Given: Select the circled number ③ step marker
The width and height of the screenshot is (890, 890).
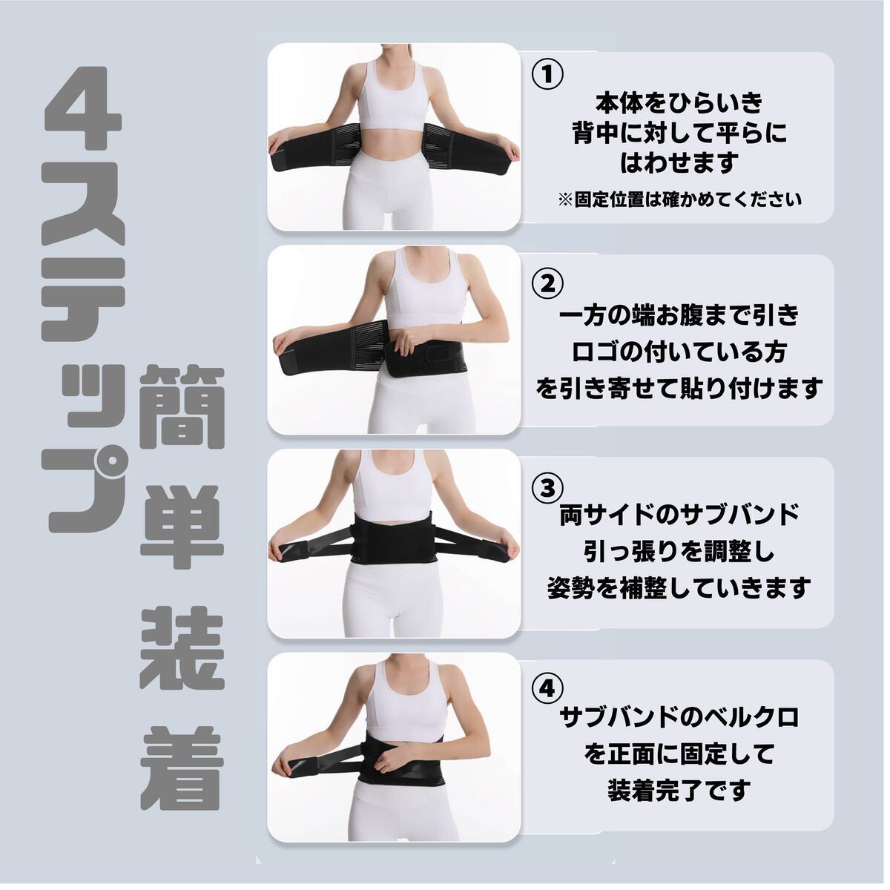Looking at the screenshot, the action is pyautogui.click(x=547, y=488).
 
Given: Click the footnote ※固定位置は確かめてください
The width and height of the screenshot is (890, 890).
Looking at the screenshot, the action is pyautogui.click(x=679, y=200).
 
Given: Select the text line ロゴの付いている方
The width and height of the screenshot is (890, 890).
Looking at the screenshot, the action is pyautogui.click(x=679, y=353).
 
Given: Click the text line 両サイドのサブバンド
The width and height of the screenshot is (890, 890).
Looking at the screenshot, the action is pyautogui.click(x=679, y=515).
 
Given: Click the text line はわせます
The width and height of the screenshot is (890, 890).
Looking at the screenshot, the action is pyautogui.click(x=679, y=163).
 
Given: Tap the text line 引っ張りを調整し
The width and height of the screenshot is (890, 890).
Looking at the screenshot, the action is pyautogui.click(x=679, y=552).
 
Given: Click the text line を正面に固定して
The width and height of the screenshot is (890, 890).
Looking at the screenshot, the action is pyautogui.click(x=679, y=754).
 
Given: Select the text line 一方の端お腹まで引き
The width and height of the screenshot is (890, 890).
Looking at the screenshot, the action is pyautogui.click(x=679, y=317).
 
